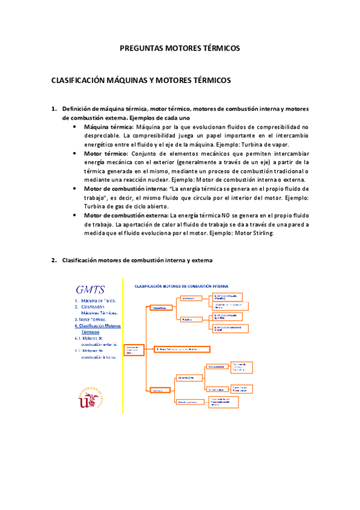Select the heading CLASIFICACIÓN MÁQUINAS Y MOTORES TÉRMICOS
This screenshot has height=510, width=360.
(x=141, y=80)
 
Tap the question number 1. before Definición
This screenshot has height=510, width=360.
(x=54, y=109)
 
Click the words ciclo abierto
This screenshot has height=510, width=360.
(x=136, y=206)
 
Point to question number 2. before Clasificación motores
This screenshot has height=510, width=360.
(x=54, y=260)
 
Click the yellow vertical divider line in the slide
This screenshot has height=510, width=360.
(x=123, y=346)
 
